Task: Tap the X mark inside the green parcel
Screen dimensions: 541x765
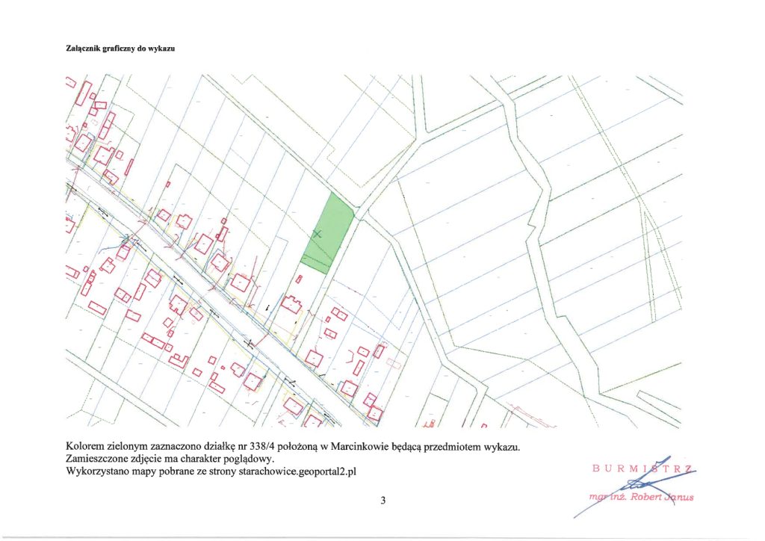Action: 317,234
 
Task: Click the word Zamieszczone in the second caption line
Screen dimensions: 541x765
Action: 102,459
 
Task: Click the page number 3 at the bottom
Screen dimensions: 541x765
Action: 382,501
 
